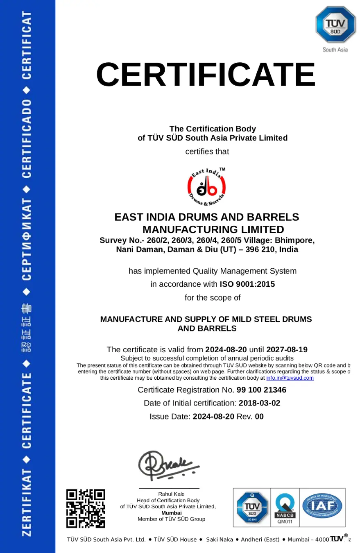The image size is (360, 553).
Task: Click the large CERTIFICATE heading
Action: pos(206,74)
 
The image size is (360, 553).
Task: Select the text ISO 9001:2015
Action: pos(247,284)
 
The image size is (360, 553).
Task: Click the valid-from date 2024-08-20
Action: pos(226,349)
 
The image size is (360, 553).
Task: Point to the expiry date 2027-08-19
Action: pos(287,349)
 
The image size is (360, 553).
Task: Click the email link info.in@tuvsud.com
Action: pos(290,378)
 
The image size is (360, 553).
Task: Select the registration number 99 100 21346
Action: pos(261,390)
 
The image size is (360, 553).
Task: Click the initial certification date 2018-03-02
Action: pos(259,403)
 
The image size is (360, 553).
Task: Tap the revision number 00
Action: pos(259,417)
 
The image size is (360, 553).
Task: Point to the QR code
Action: pos(86,508)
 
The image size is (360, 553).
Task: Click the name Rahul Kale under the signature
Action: pos(171,494)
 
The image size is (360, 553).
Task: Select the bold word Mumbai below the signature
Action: pos(171,512)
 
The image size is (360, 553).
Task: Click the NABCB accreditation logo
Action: pos(285,508)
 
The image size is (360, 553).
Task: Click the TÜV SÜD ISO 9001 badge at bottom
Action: pos(252,507)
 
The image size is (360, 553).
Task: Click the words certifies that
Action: pos(207,152)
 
